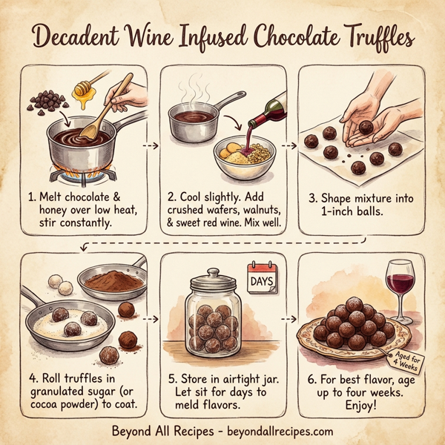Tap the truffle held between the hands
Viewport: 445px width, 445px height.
coord(365,127)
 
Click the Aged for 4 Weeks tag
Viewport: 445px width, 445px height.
coord(407,362)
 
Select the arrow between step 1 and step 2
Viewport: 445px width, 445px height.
coord(151,145)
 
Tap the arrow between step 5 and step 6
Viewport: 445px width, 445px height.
coord(289,319)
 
